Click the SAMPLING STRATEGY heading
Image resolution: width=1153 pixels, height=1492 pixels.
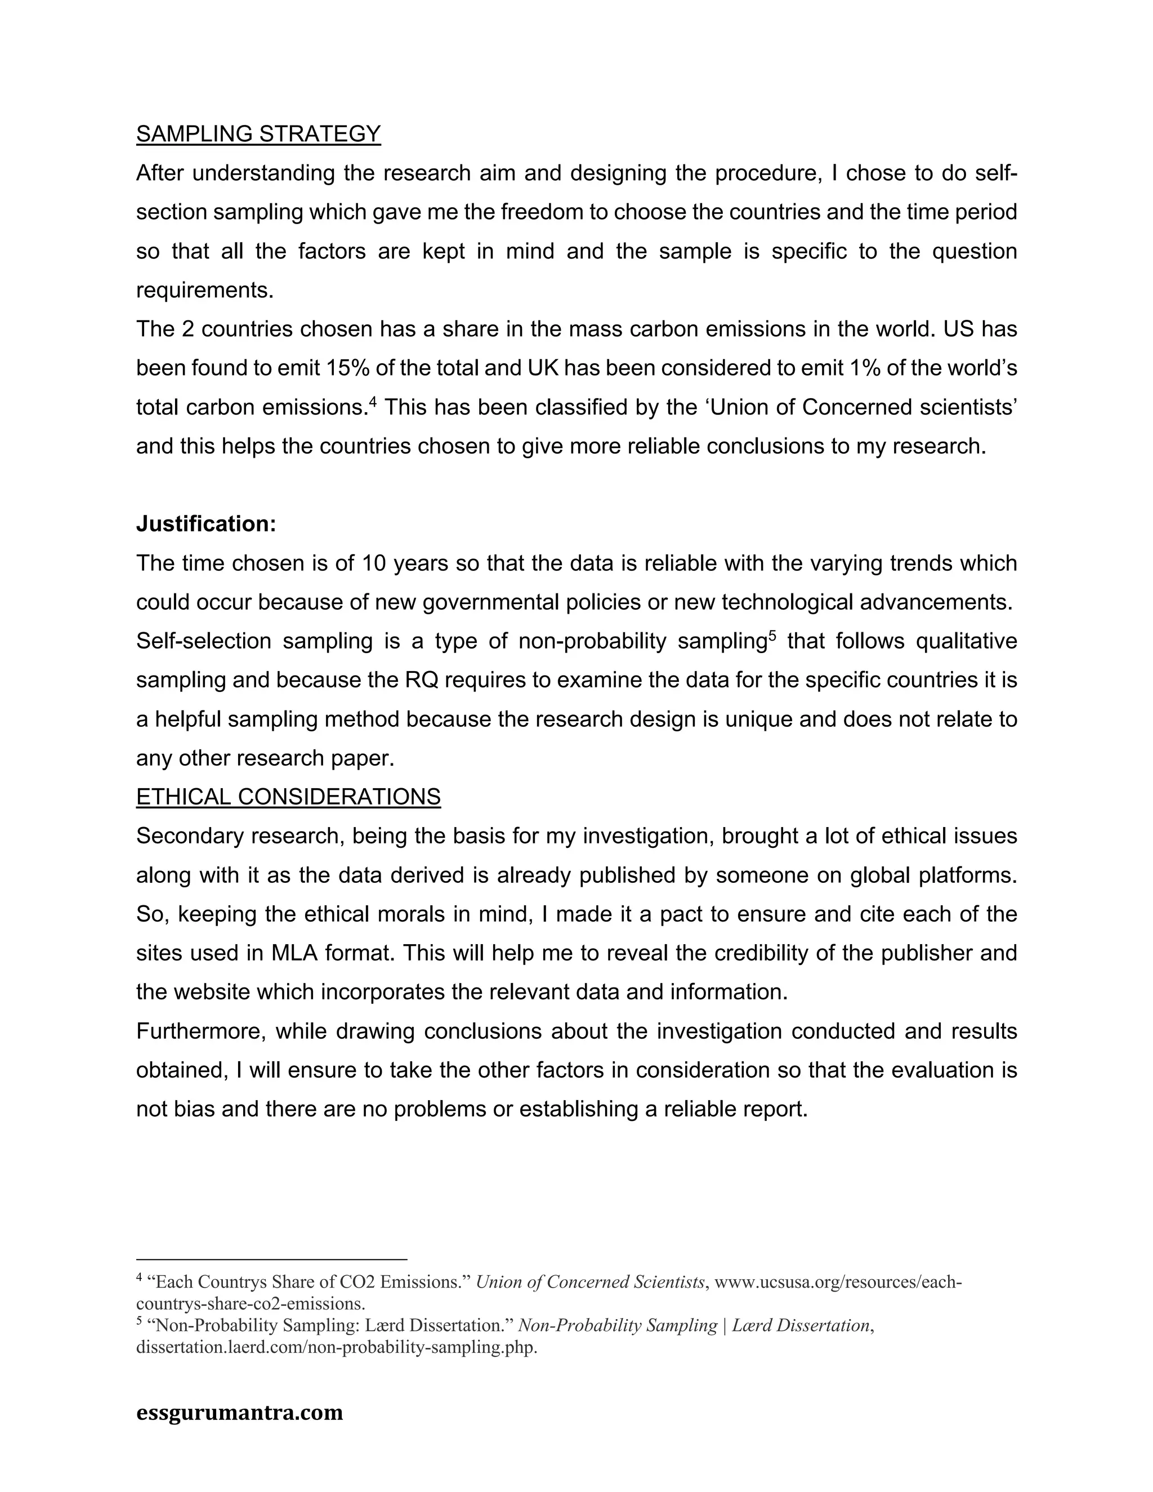[x=258, y=134]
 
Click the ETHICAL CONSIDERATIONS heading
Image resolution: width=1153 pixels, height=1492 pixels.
[x=288, y=797]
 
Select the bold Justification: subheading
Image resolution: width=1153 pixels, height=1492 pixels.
[x=206, y=524]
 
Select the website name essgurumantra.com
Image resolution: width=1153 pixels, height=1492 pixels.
[x=240, y=1412]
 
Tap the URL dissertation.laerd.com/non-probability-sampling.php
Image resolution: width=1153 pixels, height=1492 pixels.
[x=337, y=1348]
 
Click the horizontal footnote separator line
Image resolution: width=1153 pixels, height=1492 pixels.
[x=271, y=1259]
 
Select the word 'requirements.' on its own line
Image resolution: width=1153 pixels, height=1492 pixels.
[x=205, y=291]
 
